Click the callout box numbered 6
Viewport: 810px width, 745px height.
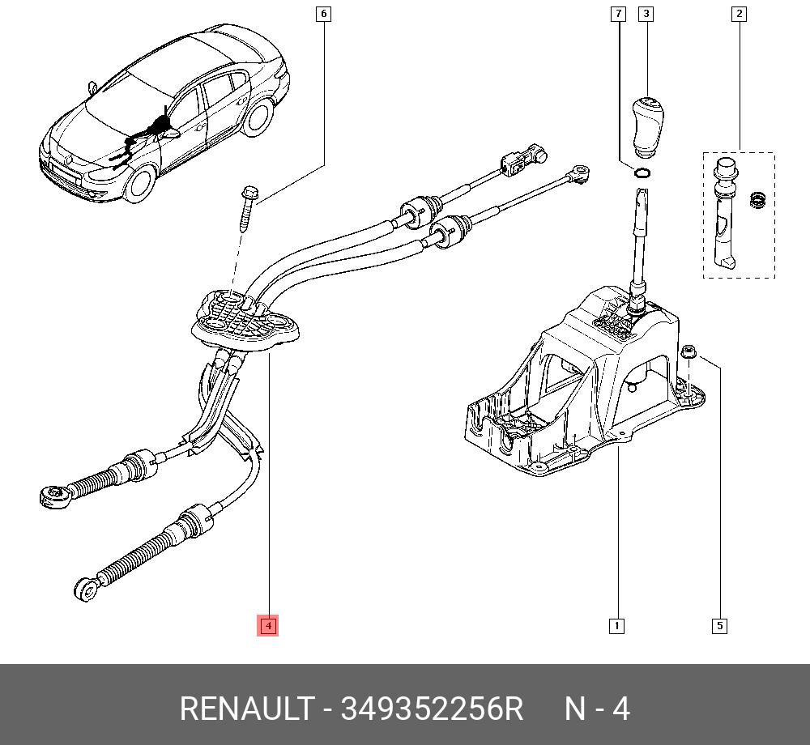coord(323,14)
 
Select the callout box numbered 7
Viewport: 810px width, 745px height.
coord(619,14)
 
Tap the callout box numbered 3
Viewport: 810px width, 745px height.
coord(646,14)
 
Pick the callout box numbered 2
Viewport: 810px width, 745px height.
coord(739,14)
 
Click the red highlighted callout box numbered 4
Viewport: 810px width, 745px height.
coord(268,625)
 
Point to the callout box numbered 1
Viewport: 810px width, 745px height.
coord(617,625)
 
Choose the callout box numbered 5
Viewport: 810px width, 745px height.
coord(719,625)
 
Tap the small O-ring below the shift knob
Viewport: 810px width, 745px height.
coord(642,172)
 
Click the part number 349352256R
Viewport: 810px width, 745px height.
coord(433,709)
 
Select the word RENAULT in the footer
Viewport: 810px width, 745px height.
coord(246,709)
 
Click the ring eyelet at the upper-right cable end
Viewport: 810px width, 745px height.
coord(579,172)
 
